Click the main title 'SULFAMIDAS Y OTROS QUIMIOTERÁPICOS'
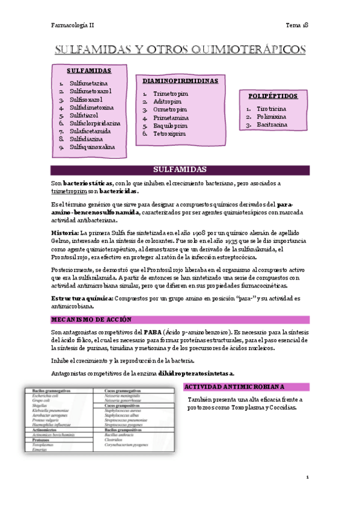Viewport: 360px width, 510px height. tap(180, 49)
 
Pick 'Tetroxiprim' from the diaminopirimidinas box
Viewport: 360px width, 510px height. tap(169, 134)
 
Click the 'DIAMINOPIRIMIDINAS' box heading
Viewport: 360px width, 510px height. tap(180, 81)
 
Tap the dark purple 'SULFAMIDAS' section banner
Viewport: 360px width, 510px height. tap(180, 170)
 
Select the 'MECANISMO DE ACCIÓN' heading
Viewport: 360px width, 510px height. tap(90, 319)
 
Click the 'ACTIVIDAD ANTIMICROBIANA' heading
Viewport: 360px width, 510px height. tap(234, 387)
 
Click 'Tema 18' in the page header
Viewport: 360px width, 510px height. tap(297, 25)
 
